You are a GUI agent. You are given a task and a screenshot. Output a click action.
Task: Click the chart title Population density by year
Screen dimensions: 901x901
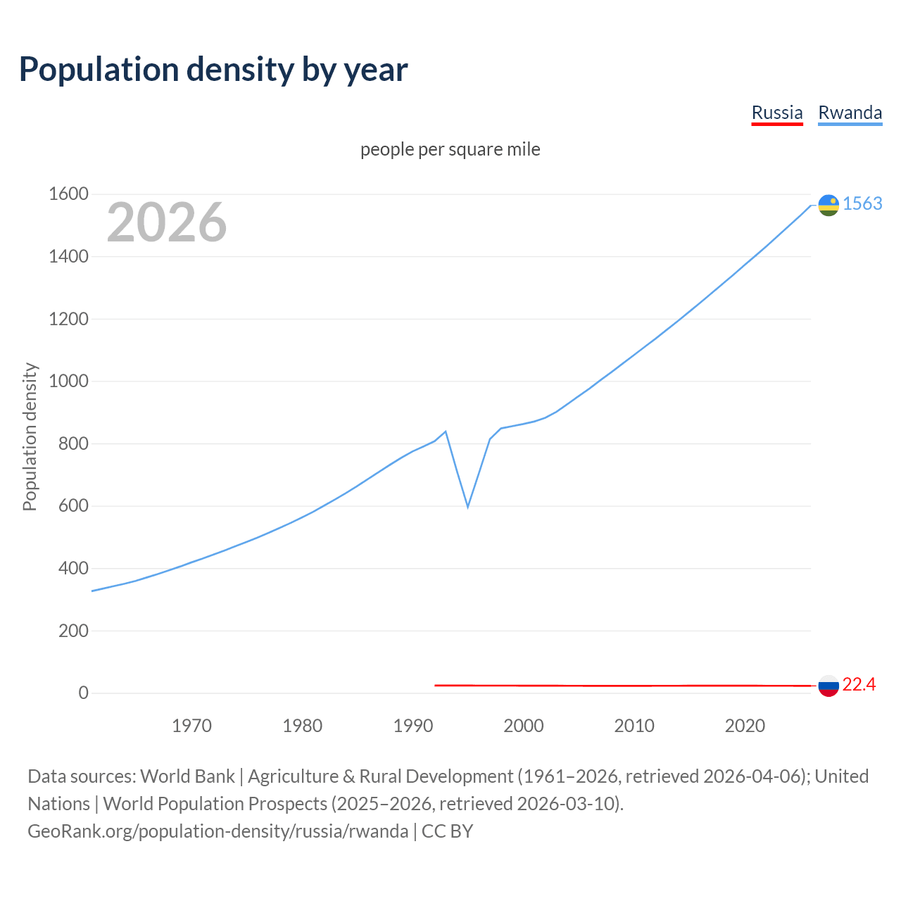coord(213,70)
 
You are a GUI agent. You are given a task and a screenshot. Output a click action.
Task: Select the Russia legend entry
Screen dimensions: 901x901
coord(777,113)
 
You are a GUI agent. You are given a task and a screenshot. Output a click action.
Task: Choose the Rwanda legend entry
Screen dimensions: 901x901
coord(850,113)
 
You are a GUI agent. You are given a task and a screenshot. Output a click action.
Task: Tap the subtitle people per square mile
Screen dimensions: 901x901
coord(450,149)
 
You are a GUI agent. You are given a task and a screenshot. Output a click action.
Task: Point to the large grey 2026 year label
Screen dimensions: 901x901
coord(167,222)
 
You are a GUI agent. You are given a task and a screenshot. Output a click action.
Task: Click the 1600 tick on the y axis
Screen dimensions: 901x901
coord(68,194)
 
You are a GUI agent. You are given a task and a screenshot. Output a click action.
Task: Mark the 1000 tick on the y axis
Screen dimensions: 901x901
coord(68,382)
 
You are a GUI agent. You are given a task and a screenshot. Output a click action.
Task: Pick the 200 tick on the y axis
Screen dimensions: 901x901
coord(73,631)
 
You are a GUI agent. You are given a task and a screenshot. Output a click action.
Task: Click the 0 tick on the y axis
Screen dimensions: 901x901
coord(84,693)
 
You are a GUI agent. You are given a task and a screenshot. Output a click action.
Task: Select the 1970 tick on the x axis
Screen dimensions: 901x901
coord(191,726)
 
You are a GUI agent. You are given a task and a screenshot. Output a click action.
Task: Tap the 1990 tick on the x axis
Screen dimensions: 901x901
coord(413,726)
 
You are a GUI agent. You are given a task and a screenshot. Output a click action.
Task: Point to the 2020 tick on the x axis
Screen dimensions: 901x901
coord(745,726)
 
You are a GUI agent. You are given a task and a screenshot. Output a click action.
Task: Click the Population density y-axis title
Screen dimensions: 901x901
coord(30,436)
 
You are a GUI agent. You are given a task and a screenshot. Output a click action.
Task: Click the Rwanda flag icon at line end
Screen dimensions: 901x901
coord(828,205)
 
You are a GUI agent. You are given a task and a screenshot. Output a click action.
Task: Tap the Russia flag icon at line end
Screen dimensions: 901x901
coord(828,686)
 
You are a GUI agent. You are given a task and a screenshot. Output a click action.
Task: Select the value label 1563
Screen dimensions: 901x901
coord(862,203)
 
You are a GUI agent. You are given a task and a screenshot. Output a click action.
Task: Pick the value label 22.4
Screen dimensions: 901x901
coord(859,684)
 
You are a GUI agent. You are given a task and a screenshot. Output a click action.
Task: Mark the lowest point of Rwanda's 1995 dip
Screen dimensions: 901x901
coord(467,506)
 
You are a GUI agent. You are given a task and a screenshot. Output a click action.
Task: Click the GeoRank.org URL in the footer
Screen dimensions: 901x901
coord(218,831)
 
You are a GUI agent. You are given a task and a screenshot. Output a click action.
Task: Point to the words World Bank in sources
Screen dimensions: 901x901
coord(187,776)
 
